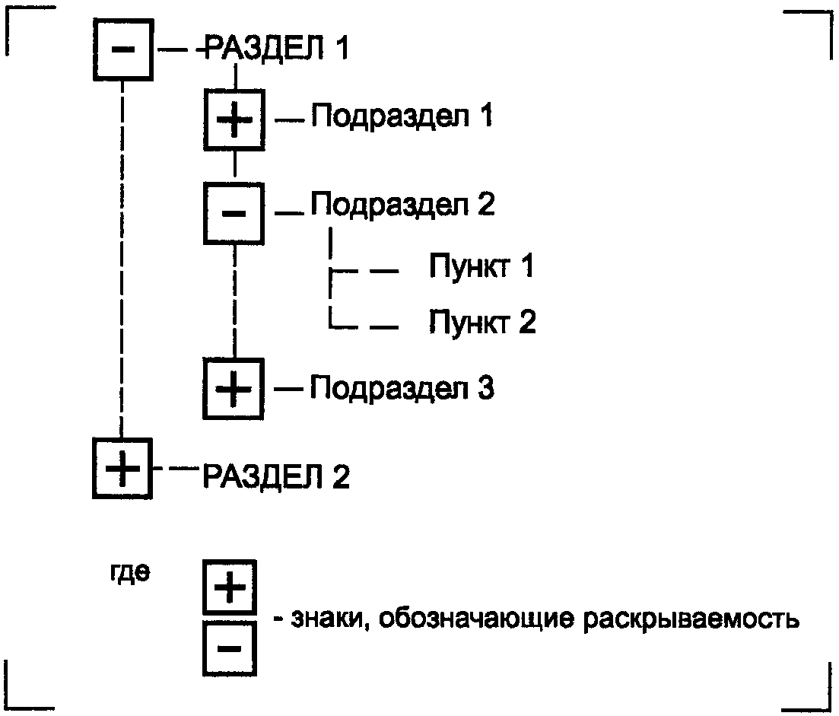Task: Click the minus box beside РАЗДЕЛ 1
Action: point(123,49)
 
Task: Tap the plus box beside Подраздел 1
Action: point(234,120)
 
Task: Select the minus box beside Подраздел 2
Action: point(234,214)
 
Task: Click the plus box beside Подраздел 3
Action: point(234,389)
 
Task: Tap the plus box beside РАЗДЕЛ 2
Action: point(122,468)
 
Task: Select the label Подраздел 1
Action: point(402,116)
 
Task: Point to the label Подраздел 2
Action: point(403,205)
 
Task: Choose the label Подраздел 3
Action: point(402,388)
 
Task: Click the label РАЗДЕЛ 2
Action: point(276,476)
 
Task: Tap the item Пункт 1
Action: point(481,266)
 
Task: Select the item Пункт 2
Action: point(483,322)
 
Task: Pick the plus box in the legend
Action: point(230,587)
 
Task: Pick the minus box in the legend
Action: point(230,648)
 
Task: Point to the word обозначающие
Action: point(477,619)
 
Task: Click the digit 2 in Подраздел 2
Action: point(485,203)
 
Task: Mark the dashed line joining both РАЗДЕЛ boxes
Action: point(122,259)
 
